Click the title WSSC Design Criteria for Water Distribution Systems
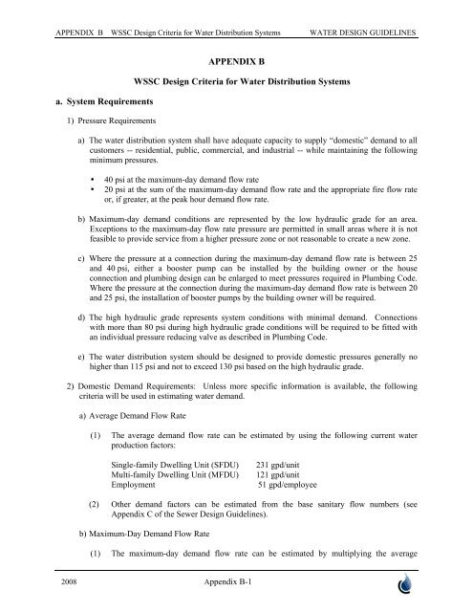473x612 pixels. pyautogui.click(x=236, y=82)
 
